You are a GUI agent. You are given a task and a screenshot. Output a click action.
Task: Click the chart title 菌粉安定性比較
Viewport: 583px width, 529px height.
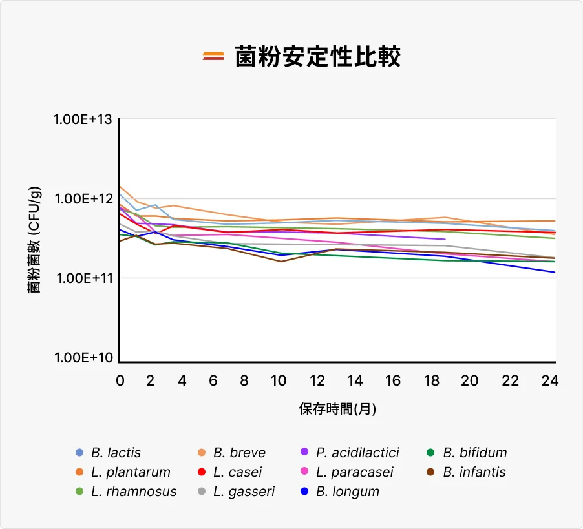click(x=317, y=57)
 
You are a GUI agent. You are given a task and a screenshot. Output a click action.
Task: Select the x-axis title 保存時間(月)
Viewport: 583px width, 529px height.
click(x=337, y=409)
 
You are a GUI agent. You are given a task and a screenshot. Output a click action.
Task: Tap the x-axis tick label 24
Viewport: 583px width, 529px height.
click(x=550, y=381)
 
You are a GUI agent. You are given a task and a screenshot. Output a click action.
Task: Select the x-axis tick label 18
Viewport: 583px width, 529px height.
click(x=433, y=381)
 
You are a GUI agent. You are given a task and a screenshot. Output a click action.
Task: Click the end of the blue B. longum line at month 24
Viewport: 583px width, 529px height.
click(x=555, y=272)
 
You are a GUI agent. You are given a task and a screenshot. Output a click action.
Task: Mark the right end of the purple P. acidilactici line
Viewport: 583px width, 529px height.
click(x=445, y=240)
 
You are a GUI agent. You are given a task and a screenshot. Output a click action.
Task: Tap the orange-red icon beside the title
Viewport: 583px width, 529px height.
click(x=213, y=57)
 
